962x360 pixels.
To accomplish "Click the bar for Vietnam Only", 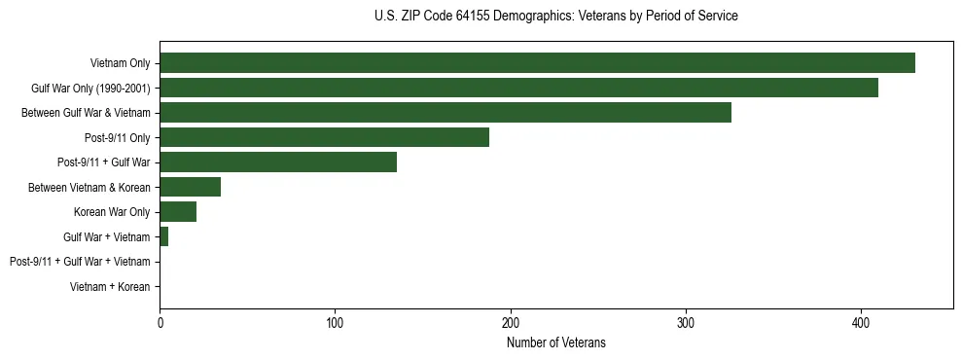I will (537, 63).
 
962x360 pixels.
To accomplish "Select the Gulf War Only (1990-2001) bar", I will (518, 88).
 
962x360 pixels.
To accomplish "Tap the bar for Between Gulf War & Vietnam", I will (445, 113).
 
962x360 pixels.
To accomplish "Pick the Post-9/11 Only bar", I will (324, 137).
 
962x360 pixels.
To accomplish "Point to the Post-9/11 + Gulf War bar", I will (278, 162).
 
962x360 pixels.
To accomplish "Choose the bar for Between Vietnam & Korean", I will (191, 187).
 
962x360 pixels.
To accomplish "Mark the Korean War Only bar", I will (178, 212).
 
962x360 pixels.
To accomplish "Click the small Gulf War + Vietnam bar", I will (164, 236).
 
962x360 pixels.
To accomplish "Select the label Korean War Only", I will (112, 212).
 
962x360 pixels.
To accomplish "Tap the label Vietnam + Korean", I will (110, 287).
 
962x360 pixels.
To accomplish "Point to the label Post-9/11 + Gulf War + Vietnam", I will (80, 262).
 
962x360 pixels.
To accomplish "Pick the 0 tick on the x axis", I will (160, 322).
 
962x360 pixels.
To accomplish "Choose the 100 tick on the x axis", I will (335, 322).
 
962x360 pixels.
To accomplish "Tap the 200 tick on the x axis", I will (511, 322).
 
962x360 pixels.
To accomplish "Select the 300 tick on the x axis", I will (686, 322).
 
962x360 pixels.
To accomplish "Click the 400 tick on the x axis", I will (861, 322).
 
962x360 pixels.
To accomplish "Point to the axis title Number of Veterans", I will (555, 342).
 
